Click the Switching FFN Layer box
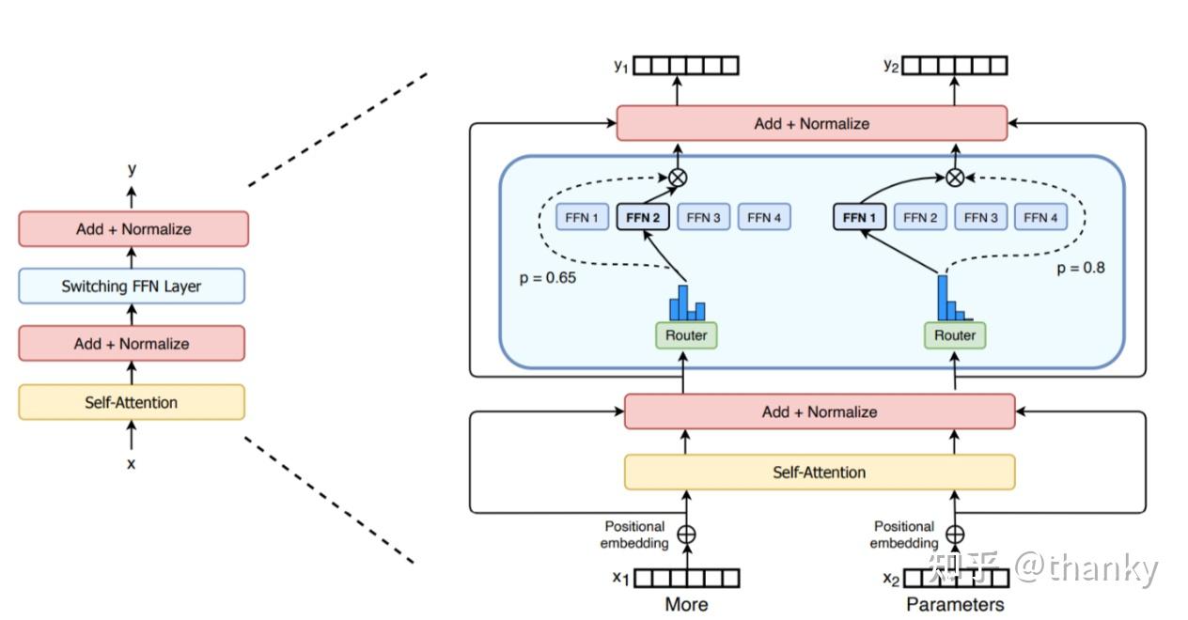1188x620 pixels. pyautogui.click(x=132, y=287)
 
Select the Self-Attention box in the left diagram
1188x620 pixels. pyautogui.click(x=132, y=402)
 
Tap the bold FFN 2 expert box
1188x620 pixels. pyautogui.click(x=643, y=218)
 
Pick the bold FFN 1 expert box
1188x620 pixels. pyautogui.click(x=859, y=218)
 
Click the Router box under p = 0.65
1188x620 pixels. pyautogui.click(x=686, y=335)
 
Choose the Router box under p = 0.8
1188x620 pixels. pyautogui.click(x=955, y=335)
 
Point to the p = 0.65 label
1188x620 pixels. pyautogui.click(x=547, y=278)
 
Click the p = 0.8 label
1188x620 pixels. pyautogui.click(x=1081, y=268)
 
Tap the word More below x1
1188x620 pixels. pyautogui.click(x=686, y=604)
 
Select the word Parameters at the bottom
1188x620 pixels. pyautogui.click(x=955, y=604)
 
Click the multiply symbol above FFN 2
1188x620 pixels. pyautogui.click(x=676, y=176)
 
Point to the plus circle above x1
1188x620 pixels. pyautogui.click(x=687, y=535)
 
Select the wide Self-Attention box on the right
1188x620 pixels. pyautogui.click(x=820, y=472)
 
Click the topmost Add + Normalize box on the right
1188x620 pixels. pyautogui.click(x=811, y=123)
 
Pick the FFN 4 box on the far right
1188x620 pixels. pyautogui.click(x=1040, y=218)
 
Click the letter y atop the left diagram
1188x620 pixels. pyautogui.click(x=132, y=169)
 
